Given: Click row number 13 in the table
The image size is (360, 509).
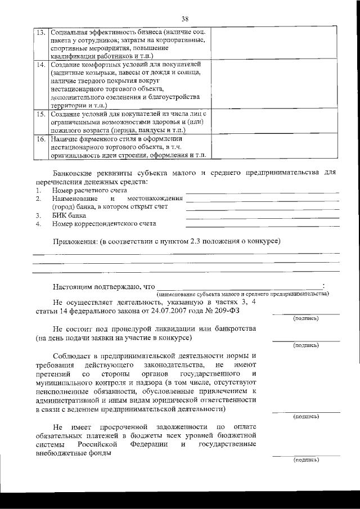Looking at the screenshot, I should tap(40, 32).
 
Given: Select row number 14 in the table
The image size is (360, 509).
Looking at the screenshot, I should tap(40, 65).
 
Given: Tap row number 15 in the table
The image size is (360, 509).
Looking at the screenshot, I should tap(40, 114).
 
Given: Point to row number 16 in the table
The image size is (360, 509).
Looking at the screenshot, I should tap(40, 138).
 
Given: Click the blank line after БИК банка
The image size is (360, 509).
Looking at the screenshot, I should tap(262, 217).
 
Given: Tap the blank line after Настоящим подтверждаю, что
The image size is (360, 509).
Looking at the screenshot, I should tap(239, 287).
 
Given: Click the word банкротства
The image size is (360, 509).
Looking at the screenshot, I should tap(233, 328).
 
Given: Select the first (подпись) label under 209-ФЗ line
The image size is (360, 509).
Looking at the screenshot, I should tap(305, 318).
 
